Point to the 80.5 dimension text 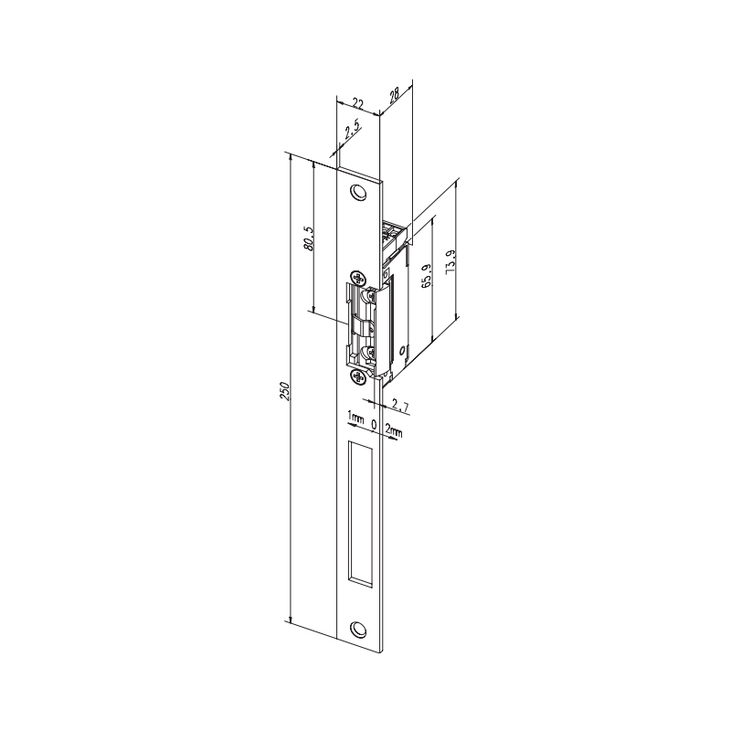click(x=308, y=238)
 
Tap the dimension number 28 click(x=394, y=95)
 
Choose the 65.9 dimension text click(x=426, y=274)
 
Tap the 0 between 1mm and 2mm click(x=375, y=423)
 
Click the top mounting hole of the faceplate click(x=357, y=192)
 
